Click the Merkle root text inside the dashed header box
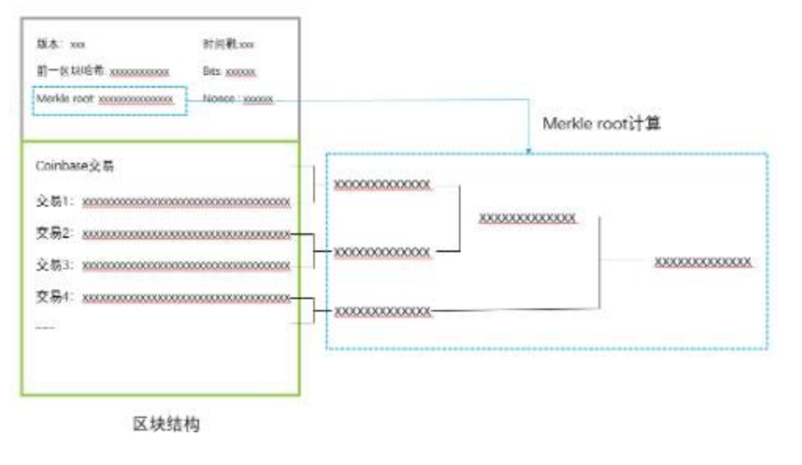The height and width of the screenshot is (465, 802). pyautogui.click(x=66, y=99)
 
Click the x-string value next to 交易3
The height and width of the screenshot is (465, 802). pyautogui.click(x=186, y=266)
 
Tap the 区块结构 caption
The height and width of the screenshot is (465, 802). pyautogui.click(x=165, y=425)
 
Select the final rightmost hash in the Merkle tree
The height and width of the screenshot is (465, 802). pyautogui.click(x=703, y=261)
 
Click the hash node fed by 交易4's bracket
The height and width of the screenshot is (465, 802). pyautogui.click(x=382, y=312)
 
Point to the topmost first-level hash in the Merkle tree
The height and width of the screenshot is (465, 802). pyautogui.click(x=382, y=184)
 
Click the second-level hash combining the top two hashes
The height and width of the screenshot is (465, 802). pyautogui.click(x=527, y=217)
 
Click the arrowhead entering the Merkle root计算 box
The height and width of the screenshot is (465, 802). pyautogui.click(x=529, y=150)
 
